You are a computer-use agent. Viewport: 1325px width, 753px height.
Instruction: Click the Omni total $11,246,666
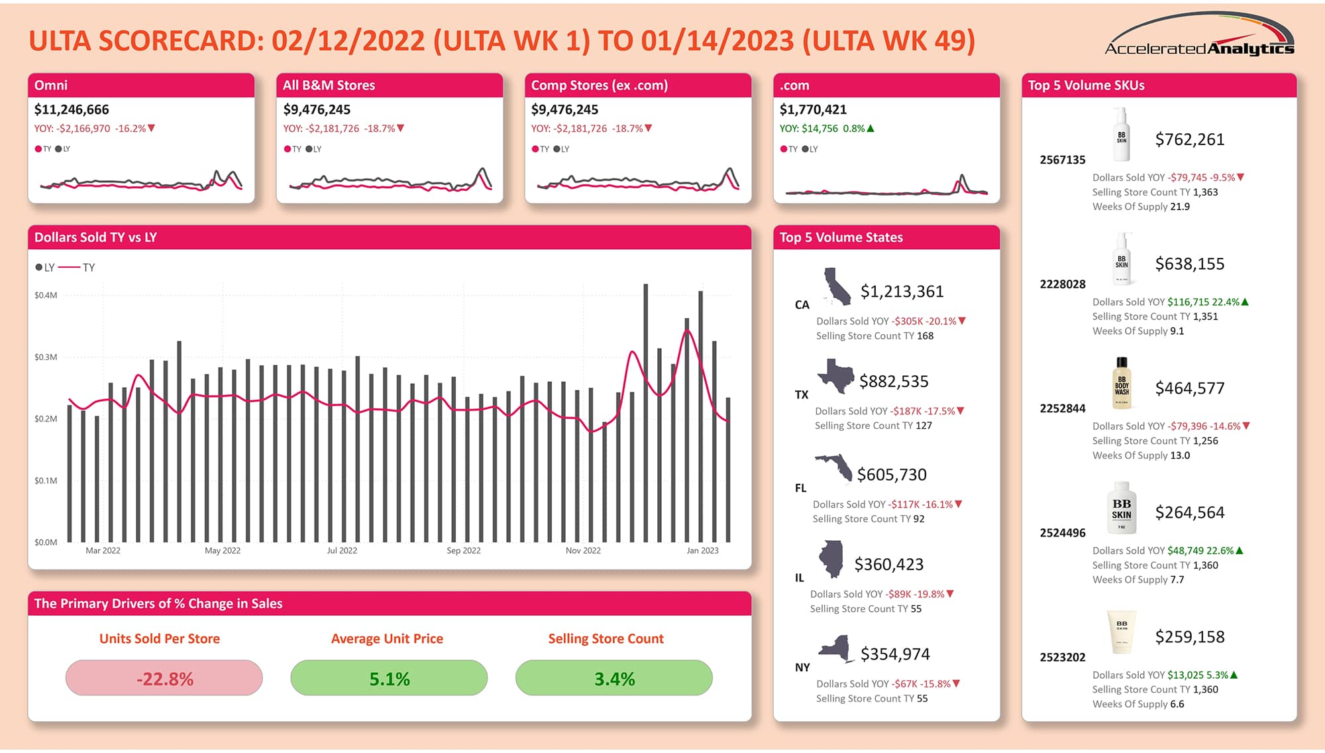point(72,109)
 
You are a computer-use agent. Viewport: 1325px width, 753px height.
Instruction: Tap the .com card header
point(886,86)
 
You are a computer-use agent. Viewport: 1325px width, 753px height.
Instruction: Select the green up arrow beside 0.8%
point(871,129)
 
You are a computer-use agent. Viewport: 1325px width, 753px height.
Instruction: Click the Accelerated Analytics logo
point(1199,36)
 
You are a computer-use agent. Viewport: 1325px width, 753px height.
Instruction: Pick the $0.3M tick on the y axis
point(46,357)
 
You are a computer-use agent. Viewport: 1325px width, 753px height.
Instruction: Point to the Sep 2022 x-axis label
point(463,551)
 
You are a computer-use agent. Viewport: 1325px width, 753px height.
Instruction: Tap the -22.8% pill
point(164,678)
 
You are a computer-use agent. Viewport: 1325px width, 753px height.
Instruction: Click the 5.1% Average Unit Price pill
point(389,678)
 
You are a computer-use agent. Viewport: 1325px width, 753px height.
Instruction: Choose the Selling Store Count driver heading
point(606,638)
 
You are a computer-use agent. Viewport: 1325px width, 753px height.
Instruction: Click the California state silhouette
point(837,287)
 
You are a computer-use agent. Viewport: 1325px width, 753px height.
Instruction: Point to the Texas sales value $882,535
point(894,382)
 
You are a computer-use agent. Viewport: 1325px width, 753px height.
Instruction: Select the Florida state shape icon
point(834,467)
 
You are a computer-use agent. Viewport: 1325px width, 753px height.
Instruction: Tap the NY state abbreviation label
point(802,667)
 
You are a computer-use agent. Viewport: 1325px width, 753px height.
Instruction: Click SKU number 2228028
point(1062,284)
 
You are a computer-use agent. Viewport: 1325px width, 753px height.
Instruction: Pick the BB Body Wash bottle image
point(1121,384)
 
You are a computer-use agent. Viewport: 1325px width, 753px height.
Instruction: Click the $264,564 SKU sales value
point(1189,512)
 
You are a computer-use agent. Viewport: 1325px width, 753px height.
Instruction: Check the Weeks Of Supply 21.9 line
point(1141,207)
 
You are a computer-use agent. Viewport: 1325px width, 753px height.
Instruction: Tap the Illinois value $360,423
point(888,565)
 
